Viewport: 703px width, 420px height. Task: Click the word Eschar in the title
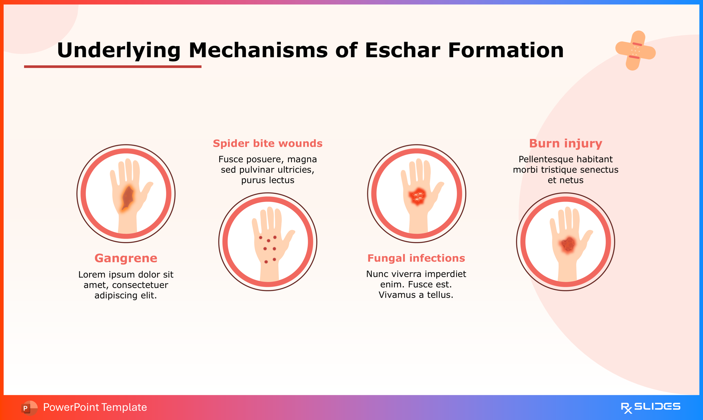[x=402, y=50]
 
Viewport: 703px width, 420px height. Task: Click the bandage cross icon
[x=635, y=51]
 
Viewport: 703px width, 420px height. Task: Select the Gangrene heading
[x=126, y=258]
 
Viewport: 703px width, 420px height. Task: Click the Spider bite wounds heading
[x=268, y=144]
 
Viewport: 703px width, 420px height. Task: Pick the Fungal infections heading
[x=416, y=258]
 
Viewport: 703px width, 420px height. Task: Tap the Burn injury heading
[x=565, y=144]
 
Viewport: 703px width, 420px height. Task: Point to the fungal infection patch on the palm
[x=418, y=195]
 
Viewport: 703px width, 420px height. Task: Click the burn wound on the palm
[x=568, y=244]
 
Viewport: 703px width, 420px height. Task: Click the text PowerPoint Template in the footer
[x=95, y=407]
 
